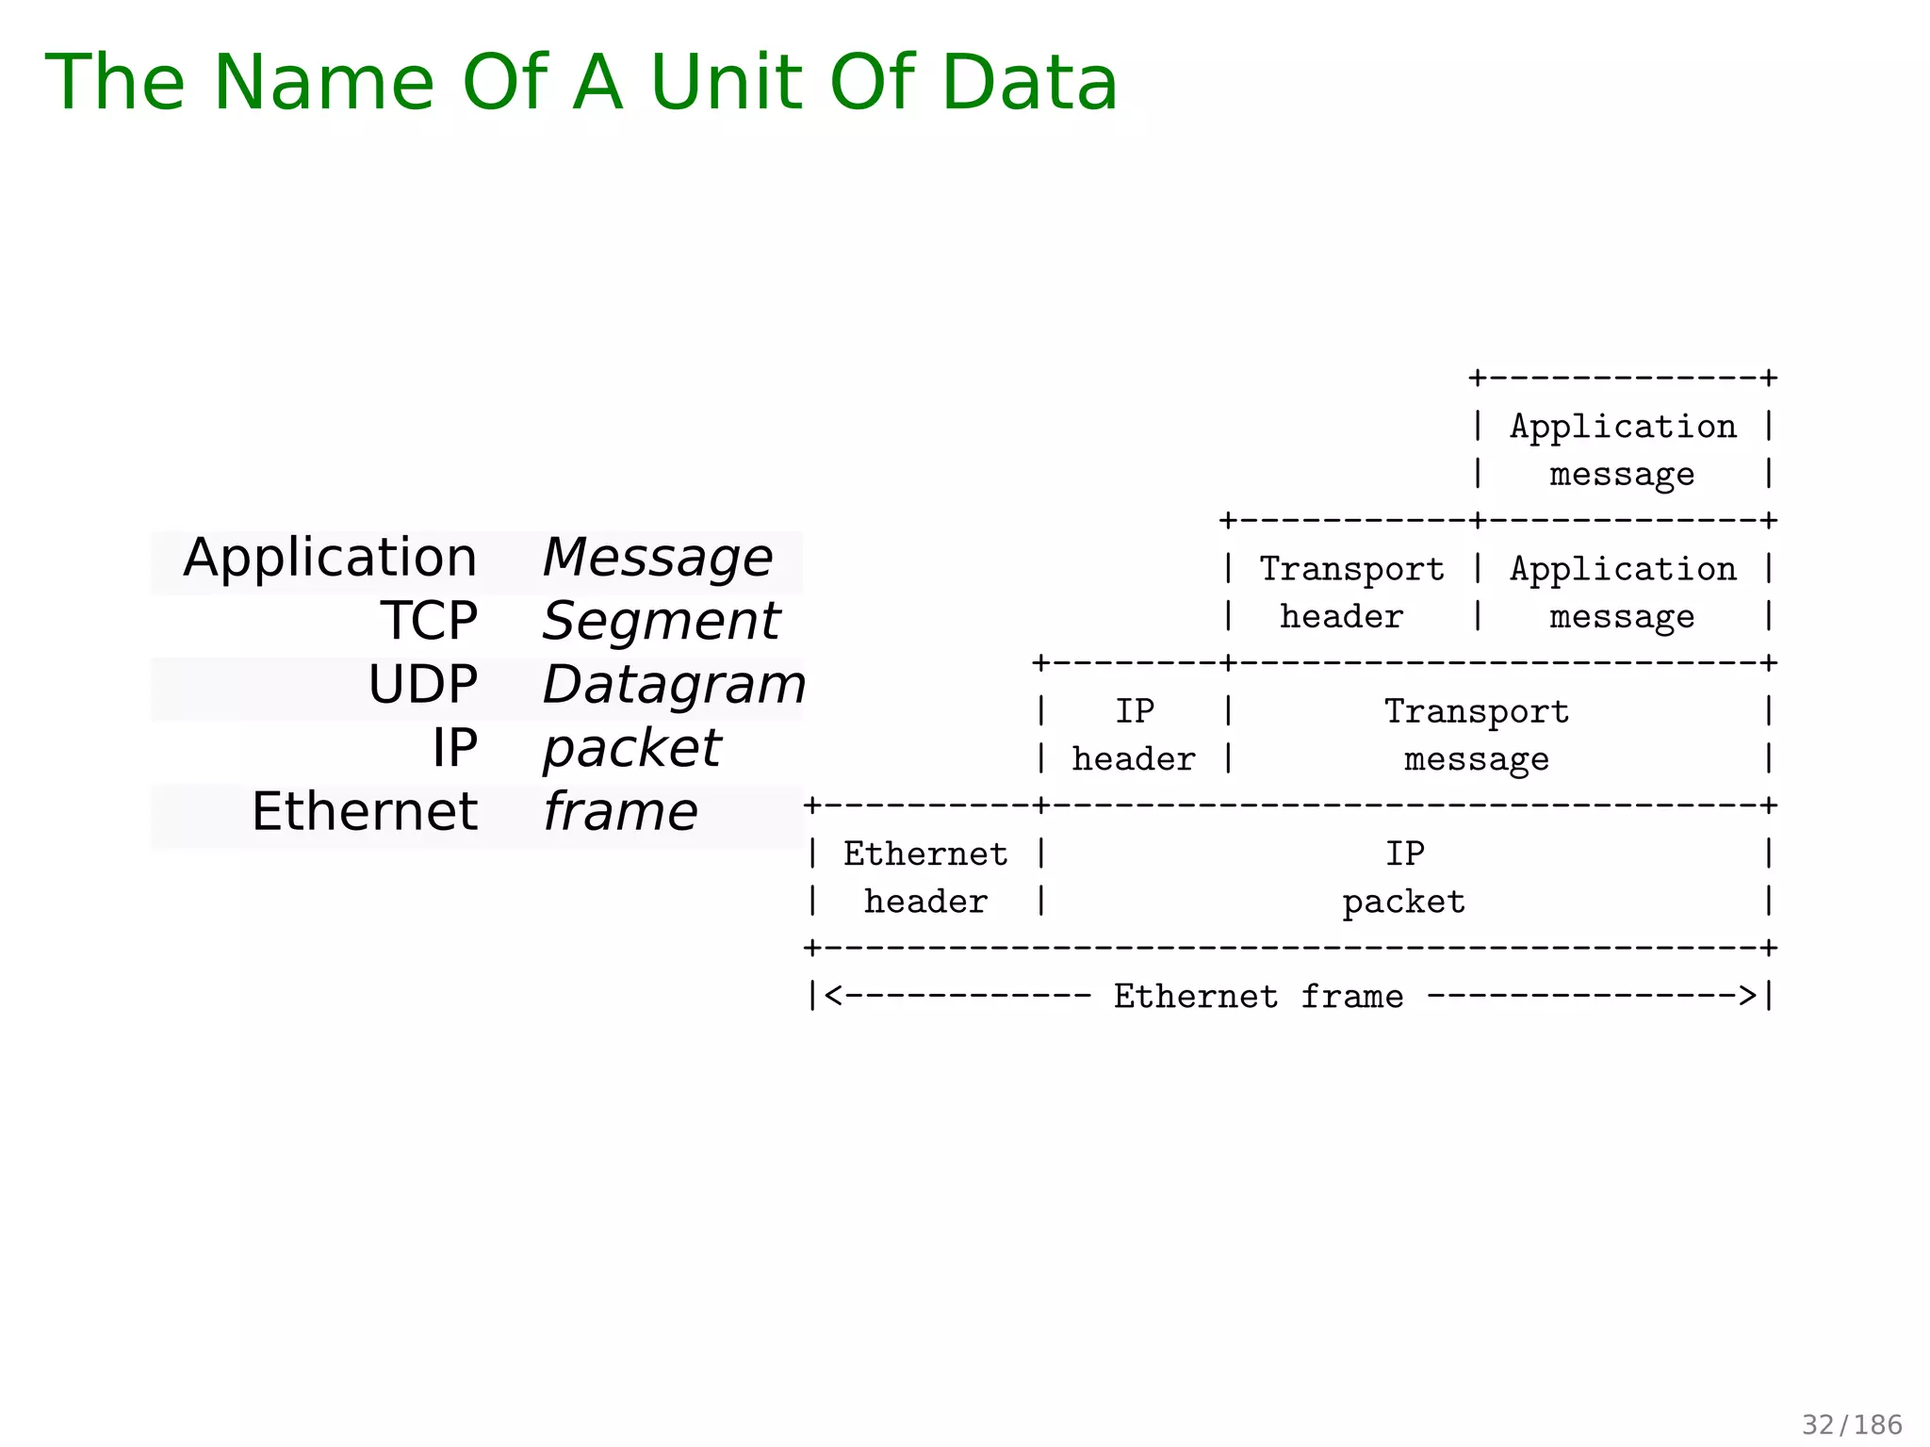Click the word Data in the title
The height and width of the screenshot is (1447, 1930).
pos(1029,83)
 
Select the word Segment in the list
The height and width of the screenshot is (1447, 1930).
pos(661,622)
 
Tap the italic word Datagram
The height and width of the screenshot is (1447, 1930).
pos(673,685)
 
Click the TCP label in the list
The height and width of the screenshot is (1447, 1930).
pos(429,622)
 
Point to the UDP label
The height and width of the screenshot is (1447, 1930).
pos(422,685)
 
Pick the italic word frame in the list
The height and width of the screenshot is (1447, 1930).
pos(620,812)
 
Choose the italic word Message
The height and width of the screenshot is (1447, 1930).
pos(657,558)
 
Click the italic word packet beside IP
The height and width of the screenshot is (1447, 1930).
pos(631,749)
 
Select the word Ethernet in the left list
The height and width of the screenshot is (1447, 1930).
pos(365,812)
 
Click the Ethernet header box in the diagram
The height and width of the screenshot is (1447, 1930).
pos(925,877)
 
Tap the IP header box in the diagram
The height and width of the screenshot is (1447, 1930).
pos(1134,735)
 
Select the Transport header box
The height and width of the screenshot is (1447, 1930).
pos(1350,593)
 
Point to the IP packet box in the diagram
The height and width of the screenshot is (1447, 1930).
pos(1404,877)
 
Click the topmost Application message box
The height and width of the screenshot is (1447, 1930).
pos(1623,450)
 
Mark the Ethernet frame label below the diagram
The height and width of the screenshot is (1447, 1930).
pos(1258,996)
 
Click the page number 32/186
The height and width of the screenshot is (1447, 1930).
pos(1852,1424)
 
